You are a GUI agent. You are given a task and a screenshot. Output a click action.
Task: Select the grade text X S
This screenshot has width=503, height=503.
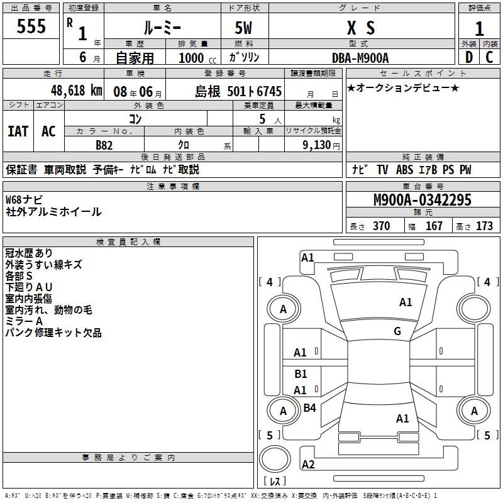coord(361,28)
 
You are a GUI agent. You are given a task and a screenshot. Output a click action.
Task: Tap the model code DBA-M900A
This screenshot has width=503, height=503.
coord(361,57)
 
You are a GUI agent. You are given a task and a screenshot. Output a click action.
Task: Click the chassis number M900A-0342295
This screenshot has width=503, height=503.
coord(413,200)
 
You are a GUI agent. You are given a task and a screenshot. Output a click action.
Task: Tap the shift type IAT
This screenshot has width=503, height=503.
coord(18,131)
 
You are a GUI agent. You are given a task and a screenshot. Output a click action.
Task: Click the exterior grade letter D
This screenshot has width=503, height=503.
coord(468,57)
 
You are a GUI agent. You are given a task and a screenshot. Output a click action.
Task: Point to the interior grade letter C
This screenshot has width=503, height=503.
coord(489,57)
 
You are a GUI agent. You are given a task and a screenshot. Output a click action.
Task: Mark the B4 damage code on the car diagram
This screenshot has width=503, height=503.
coord(309,408)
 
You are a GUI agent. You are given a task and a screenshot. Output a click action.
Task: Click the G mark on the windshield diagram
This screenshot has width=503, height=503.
coord(397,331)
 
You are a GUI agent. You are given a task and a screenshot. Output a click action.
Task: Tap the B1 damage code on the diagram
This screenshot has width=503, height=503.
coord(301,374)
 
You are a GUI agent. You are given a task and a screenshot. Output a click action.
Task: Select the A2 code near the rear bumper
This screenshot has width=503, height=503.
coord(308,465)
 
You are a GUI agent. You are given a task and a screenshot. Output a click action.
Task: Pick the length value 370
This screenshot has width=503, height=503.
coord(381,226)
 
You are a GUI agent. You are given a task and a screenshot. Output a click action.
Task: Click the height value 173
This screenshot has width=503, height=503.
coord(484,226)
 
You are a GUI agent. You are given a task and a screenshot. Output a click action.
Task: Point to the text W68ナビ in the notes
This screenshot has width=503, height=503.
coord(25,199)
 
